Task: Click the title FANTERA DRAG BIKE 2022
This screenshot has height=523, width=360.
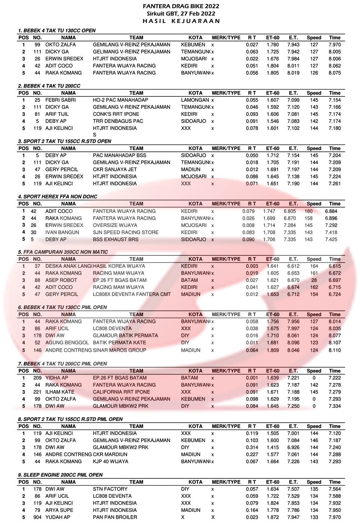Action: tap(181, 6)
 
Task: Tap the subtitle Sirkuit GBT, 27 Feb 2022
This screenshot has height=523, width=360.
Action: tap(181, 13)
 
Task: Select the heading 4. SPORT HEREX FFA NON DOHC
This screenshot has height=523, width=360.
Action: tap(58, 196)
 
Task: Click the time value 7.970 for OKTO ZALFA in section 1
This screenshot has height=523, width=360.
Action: tap(334, 45)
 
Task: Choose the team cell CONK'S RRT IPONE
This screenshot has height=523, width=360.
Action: tap(116, 114)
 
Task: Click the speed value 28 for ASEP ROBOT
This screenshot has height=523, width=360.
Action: tap(314, 280)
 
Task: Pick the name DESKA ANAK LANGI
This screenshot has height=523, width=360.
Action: tap(68, 266)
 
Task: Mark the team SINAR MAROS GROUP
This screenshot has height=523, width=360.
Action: tap(120, 350)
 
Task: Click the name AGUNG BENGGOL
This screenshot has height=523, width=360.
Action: tap(67, 343)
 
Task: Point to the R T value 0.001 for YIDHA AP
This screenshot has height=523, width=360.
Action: tap(252, 378)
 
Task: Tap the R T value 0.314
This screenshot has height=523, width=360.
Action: tap(252, 447)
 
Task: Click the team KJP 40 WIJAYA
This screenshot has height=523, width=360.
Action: tap(111, 461)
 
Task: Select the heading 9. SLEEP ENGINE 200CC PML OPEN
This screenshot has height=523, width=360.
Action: tap(60, 475)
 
